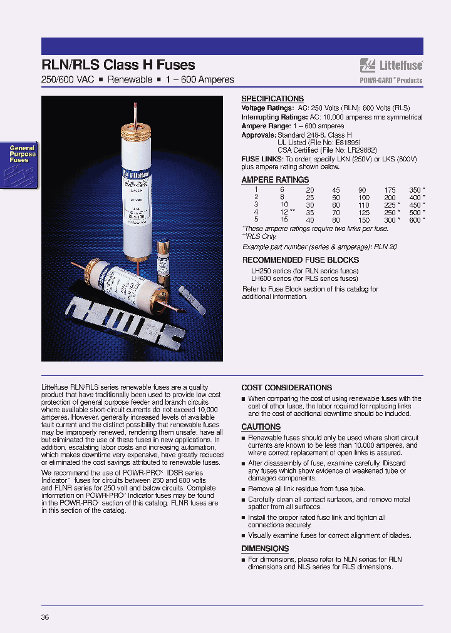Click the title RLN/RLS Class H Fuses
click(x=118, y=65)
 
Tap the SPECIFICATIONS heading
click(x=272, y=99)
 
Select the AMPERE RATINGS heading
click(x=275, y=180)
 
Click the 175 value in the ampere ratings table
click(x=391, y=190)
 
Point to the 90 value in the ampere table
click(x=362, y=190)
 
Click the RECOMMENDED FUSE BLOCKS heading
click(x=301, y=260)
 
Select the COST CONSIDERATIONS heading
click(x=287, y=388)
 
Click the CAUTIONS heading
click(x=261, y=427)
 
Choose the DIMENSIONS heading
click(x=265, y=549)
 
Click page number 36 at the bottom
click(x=45, y=617)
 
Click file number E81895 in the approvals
click(x=346, y=143)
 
